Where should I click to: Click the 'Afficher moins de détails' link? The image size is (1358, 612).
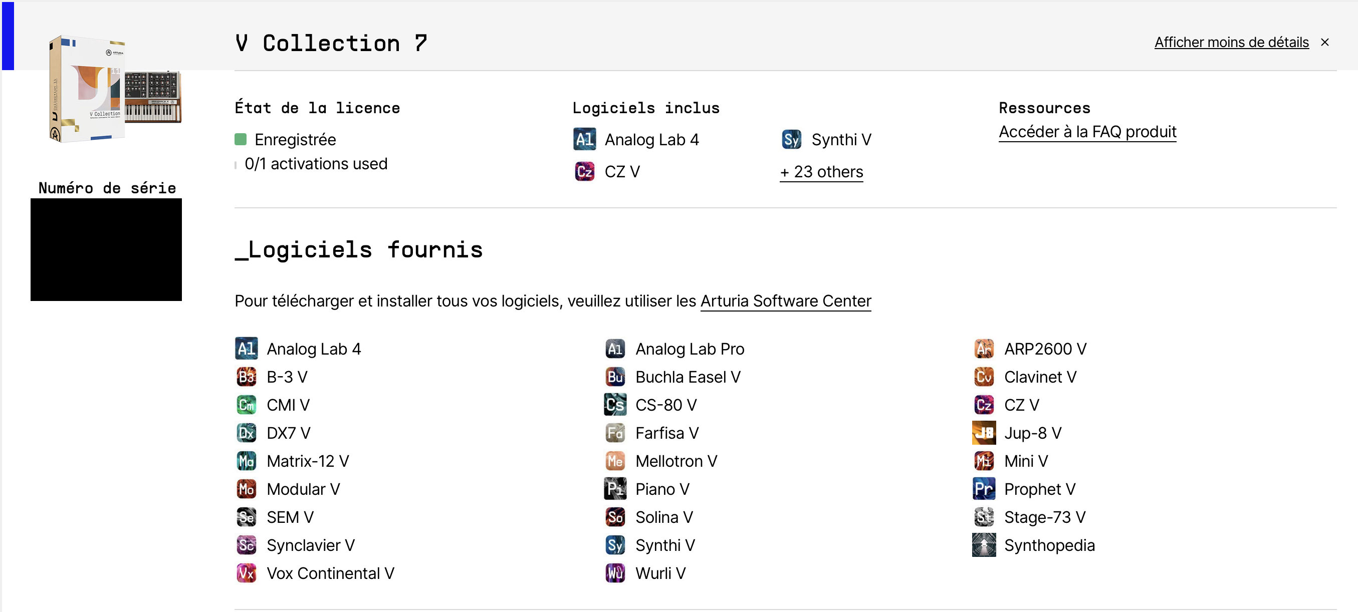pos(1232,42)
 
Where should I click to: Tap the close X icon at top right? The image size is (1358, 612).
pos(1325,42)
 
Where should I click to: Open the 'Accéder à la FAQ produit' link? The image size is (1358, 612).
pos(1087,132)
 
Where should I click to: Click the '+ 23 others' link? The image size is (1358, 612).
pos(821,172)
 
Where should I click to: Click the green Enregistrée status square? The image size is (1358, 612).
pos(241,140)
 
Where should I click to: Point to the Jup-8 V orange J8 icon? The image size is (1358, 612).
pos(984,433)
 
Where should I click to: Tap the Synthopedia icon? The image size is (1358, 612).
pos(984,545)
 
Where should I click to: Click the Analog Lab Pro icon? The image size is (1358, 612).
pos(615,349)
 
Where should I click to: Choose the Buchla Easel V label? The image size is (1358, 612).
pos(688,377)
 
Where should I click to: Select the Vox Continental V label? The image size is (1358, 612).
pos(331,573)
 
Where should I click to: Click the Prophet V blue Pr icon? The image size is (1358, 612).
pos(984,489)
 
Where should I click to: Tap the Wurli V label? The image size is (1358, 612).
pos(660,573)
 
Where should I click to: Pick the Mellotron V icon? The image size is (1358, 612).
pos(615,461)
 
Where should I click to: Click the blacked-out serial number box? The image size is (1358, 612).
pos(106,249)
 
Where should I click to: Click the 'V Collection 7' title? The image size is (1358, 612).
pos(331,43)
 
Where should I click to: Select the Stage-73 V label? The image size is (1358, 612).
pos(1045,517)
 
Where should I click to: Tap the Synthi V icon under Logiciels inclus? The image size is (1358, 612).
pos(791,140)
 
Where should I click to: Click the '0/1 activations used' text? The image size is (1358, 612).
pos(316,164)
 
